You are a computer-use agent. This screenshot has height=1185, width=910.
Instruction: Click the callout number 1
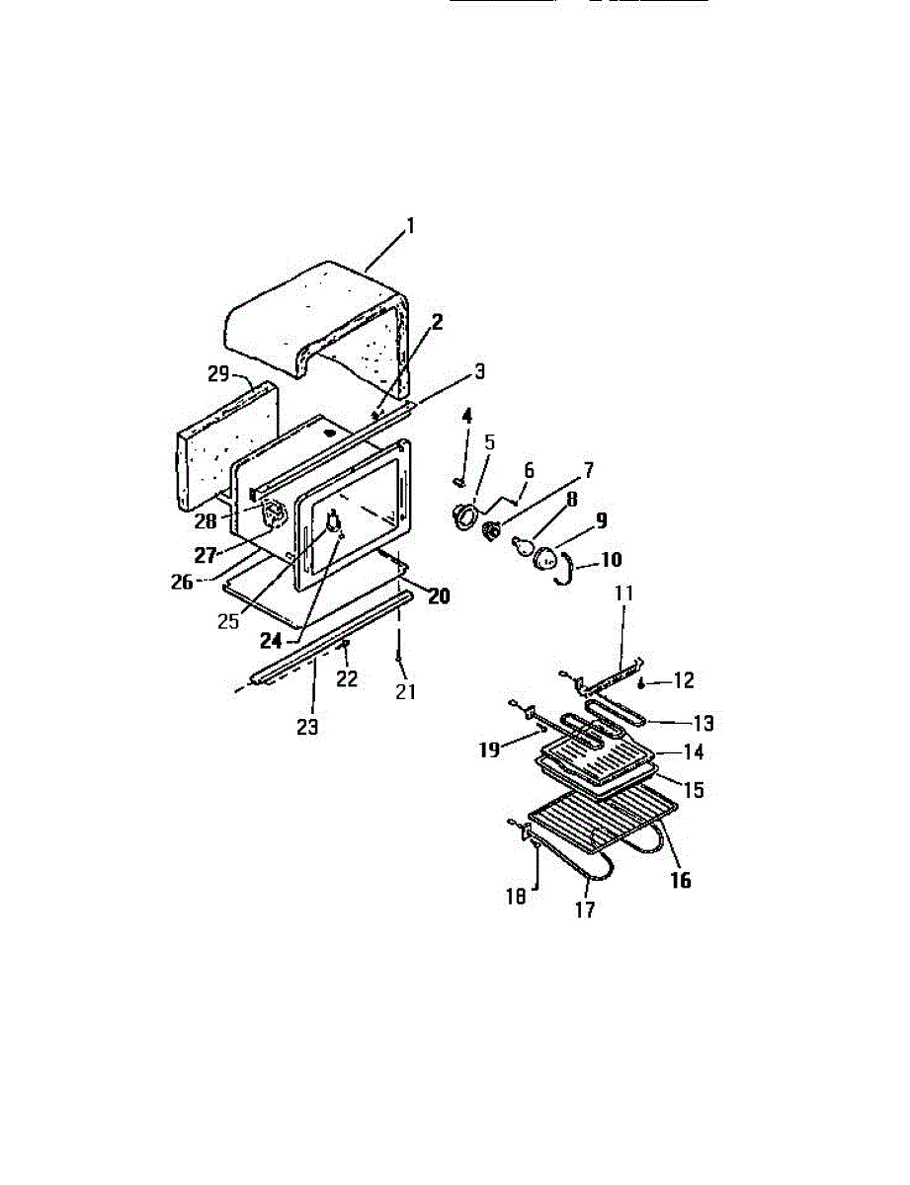410,226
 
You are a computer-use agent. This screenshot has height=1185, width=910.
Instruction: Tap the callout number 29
218,374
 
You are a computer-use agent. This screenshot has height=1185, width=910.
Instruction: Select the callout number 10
611,560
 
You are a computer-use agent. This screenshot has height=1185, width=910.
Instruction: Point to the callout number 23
307,727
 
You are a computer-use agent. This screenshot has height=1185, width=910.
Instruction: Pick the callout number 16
681,880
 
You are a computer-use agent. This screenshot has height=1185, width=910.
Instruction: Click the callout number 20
439,596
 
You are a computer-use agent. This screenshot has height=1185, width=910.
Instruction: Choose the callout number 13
703,723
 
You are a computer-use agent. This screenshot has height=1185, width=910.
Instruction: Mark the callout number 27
206,555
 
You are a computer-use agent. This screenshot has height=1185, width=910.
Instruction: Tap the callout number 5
489,441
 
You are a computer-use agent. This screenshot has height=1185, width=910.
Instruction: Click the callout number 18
516,896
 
